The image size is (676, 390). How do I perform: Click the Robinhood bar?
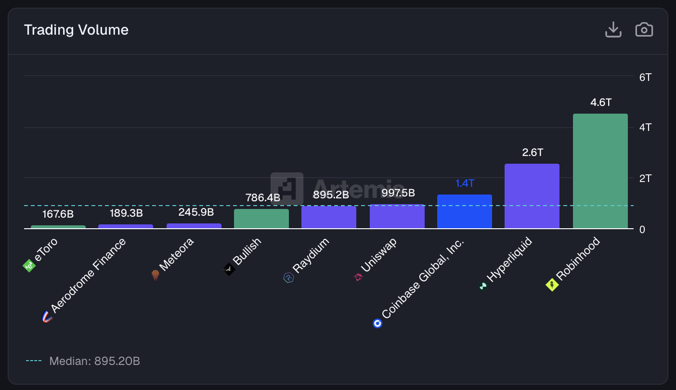coord(600,171)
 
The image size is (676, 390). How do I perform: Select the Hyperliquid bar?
coord(532,196)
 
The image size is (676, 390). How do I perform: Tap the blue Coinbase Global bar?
coord(464,211)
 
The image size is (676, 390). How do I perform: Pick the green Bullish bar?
coord(261,219)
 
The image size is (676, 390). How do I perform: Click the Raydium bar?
coord(328,217)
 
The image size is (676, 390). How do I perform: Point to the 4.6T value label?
coord(600,103)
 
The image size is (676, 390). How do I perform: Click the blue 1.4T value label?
coord(465,183)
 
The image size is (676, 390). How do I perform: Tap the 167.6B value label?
coord(58,214)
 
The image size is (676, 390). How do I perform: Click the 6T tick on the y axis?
coord(645,77)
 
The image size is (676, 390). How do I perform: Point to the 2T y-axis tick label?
coord(645,178)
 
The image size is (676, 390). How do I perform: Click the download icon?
coord(613,30)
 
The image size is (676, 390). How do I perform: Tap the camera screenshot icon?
coord(644,30)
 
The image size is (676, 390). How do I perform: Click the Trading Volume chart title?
coord(76,30)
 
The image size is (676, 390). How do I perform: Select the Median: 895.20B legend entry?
coord(94,361)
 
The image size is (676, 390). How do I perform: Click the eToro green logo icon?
coord(29,265)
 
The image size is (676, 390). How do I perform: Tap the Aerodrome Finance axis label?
coord(88,276)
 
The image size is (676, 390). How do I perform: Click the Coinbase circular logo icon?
coord(377,323)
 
